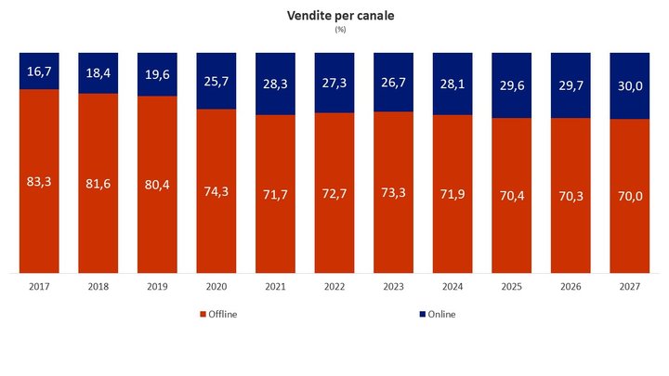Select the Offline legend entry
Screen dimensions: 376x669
pos(219,314)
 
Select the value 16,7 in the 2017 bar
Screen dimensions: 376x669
pos(40,71)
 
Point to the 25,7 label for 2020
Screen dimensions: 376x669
pos(216,80)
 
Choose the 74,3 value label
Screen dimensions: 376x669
pos(216,191)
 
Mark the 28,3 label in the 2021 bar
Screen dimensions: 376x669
pos(276,84)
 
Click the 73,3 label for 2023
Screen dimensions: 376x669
pos(393,192)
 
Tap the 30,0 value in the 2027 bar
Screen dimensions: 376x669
pos(629,85)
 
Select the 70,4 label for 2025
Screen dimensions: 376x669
pos(511,196)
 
